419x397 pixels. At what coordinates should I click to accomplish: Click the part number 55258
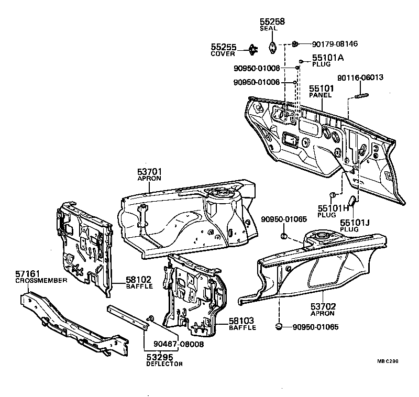[x=272, y=21]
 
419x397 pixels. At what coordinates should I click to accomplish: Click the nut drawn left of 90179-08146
[x=295, y=43]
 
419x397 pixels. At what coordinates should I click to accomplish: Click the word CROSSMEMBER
[x=41, y=281]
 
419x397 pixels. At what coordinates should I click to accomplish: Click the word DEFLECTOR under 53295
[x=164, y=364]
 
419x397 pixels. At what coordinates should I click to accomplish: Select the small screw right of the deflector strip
[x=151, y=317]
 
